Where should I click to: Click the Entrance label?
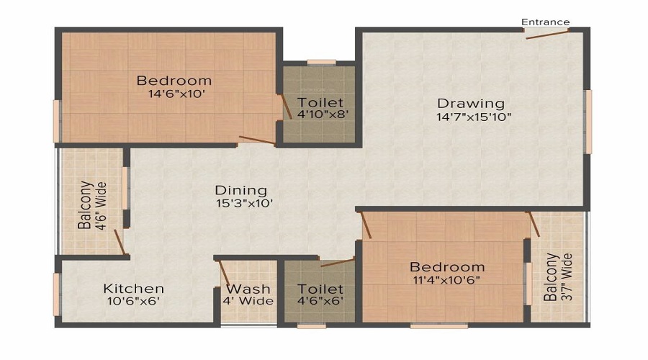[x=546, y=22]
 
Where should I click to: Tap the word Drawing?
[x=471, y=104]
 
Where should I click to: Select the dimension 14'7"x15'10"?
[x=474, y=117]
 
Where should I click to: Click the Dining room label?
[x=241, y=191]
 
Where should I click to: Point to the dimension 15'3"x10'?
[x=244, y=204]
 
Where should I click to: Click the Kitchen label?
[x=133, y=289]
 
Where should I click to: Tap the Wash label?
[x=248, y=289]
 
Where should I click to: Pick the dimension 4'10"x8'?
[x=320, y=114]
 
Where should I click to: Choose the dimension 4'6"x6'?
[x=320, y=301]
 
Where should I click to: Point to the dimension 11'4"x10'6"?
[x=447, y=280]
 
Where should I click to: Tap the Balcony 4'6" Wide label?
[x=90, y=204]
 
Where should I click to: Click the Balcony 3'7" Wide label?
[x=557, y=277]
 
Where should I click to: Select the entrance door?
[x=547, y=32]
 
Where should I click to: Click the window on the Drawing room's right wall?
[x=588, y=122]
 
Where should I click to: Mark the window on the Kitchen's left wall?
[x=56, y=294]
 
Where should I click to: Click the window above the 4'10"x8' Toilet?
[x=321, y=62]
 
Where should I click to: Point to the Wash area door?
[x=225, y=274]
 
